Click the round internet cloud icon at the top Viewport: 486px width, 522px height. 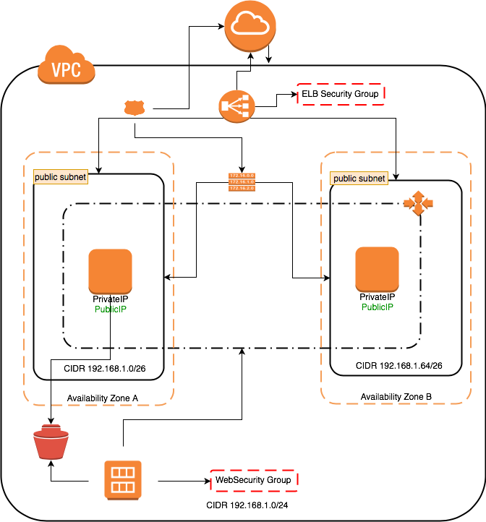point(250,27)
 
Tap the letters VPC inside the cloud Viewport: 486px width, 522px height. point(67,70)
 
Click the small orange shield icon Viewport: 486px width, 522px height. point(134,108)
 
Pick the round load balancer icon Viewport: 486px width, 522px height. point(237,107)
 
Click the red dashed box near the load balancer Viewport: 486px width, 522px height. point(340,94)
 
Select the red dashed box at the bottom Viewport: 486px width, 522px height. point(254,481)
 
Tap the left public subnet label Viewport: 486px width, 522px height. point(61,177)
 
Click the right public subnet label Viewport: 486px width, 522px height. point(359,179)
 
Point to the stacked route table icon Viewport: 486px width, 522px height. point(242,181)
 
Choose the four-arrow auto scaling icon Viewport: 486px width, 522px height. point(418,203)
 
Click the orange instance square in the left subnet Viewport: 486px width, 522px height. point(111,271)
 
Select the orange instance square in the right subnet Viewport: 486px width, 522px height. point(377,269)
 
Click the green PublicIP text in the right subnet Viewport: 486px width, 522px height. point(378,307)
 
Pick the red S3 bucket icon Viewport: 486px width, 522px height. point(51,442)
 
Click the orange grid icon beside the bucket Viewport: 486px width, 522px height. point(123,479)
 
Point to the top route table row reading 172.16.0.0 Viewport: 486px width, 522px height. point(242,176)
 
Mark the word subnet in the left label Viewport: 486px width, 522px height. point(73,177)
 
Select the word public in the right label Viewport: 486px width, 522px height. point(345,179)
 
